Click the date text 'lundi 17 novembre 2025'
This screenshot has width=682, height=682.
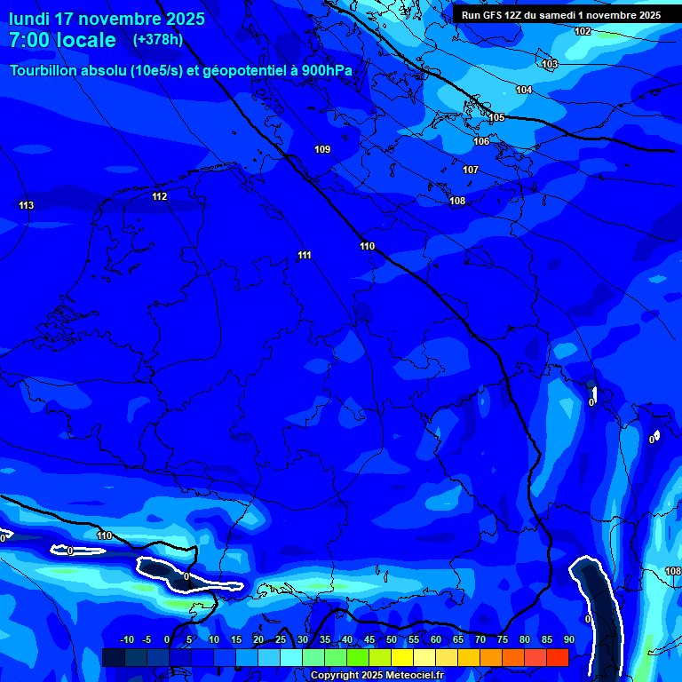pos(107,19)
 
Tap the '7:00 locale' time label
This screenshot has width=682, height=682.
pos(62,40)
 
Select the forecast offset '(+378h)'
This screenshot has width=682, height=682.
pos(158,40)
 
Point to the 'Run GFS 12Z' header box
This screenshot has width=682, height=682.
pos(560,15)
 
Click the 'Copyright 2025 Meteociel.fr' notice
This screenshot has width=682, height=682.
pos(376,675)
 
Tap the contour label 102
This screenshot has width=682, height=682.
pos(582,32)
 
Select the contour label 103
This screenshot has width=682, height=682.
pos(550,64)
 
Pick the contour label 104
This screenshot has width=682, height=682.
pos(524,91)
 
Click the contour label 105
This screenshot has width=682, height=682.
pos(496,117)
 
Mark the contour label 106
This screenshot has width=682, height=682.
pos(481,141)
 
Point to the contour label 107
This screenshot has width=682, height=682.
pos(471,170)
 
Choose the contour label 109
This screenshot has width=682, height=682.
pos(322,149)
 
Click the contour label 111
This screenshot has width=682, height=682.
pos(305,256)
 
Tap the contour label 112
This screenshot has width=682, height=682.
pos(159,197)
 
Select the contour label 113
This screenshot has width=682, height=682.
pos(26,206)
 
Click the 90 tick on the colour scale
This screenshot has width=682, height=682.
pos(568,639)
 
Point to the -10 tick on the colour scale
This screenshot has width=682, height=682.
pos(127,639)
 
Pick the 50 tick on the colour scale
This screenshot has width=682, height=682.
pos(392,639)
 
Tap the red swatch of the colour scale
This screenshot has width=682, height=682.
pos(557,657)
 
